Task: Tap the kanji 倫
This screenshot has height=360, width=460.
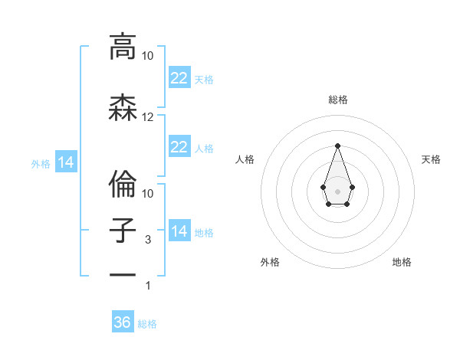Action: coord(122,182)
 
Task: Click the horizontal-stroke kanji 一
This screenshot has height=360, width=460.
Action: coord(122,274)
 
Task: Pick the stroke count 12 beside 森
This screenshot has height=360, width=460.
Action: coord(148,117)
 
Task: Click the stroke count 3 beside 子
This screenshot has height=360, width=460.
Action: coord(148,240)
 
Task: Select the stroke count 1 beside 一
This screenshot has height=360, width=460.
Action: coord(148,286)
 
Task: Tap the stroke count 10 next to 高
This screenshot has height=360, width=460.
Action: coord(148,56)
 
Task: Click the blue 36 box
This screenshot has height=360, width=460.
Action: coord(123,322)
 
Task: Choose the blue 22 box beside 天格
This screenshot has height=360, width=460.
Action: coord(179,77)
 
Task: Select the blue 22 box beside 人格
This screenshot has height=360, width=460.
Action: coord(179,147)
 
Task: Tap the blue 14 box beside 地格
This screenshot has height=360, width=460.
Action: coord(179,231)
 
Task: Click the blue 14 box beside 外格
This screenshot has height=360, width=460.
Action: coord(65,162)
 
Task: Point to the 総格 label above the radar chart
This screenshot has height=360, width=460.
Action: coord(337,100)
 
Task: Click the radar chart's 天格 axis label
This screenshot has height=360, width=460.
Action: coord(431,159)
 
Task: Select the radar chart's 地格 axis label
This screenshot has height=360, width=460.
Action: coord(402,262)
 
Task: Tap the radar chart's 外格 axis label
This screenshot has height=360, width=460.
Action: coord(270,262)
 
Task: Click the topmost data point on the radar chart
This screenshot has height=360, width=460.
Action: coord(337,146)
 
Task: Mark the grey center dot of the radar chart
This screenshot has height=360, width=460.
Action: coord(337,190)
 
